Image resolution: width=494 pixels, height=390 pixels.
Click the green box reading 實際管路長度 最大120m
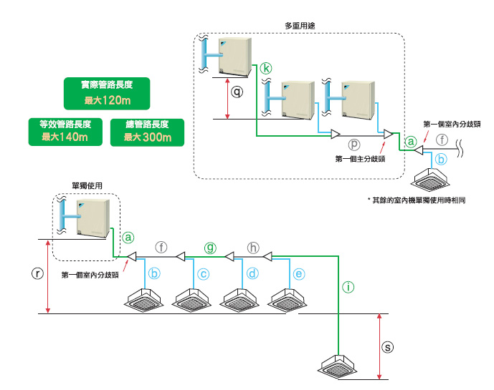(x=106, y=92)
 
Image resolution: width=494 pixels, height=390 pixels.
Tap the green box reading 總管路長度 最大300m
(x=147, y=131)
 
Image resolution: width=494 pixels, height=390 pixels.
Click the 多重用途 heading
(x=299, y=25)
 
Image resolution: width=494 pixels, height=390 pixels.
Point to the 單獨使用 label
(x=87, y=185)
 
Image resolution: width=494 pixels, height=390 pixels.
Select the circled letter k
(x=267, y=68)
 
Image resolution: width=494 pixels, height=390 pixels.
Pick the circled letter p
(x=353, y=143)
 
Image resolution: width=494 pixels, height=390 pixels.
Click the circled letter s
(x=388, y=347)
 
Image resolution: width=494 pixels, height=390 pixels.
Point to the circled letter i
(x=348, y=288)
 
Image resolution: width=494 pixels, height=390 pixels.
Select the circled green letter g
(x=210, y=248)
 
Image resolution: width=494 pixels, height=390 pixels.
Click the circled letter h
(x=252, y=248)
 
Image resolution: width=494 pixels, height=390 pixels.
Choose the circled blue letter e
(x=299, y=273)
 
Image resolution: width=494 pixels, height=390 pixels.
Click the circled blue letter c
(x=204, y=273)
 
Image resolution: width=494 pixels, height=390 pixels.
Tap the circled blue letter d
(x=252, y=273)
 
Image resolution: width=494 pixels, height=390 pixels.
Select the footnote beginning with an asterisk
(x=417, y=201)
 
